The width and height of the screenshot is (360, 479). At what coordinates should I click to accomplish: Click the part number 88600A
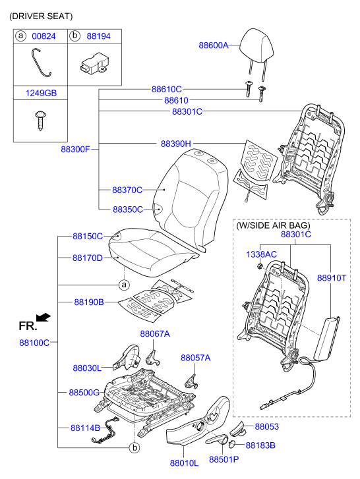click(214, 45)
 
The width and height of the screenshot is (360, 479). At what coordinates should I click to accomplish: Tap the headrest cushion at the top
click(256, 45)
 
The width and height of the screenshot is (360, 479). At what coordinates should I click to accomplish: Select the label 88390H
click(176, 144)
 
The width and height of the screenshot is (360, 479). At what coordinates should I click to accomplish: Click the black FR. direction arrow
click(43, 318)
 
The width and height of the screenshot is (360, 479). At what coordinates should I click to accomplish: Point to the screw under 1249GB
click(40, 121)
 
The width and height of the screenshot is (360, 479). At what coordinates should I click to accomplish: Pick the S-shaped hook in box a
click(42, 63)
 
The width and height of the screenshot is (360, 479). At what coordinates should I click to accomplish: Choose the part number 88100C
click(34, 343)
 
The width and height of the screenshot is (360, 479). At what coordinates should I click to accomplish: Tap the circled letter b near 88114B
click(134, 448)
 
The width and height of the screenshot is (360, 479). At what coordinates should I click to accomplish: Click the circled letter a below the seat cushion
click(124, 285)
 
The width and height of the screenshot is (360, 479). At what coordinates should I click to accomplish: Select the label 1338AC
click(261, 254)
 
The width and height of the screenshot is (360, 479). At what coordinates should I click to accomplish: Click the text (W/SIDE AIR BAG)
click(273, 225)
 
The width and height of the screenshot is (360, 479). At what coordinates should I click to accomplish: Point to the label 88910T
click(332, 278)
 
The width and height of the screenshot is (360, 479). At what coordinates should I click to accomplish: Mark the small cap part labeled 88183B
click(232, 445)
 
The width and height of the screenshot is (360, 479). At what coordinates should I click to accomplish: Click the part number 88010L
click(184, 463)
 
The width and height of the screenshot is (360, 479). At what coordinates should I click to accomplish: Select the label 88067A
click(155, 334)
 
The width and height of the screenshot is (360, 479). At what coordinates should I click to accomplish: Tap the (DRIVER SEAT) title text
click(41, 16)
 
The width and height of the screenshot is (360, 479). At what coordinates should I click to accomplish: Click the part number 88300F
click(75, 150)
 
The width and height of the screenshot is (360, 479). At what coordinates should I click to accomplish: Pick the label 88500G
click(84, 393)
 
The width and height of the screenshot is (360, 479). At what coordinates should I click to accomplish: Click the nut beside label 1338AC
click(260, 266)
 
